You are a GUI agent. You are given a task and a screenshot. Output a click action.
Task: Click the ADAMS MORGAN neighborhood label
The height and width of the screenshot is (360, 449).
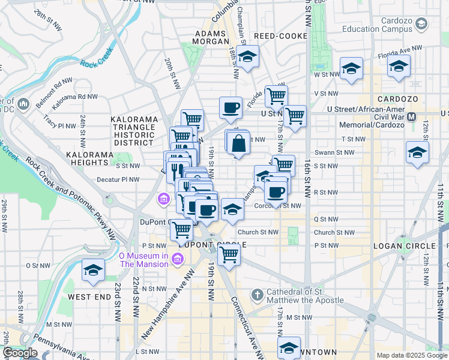[211, 37]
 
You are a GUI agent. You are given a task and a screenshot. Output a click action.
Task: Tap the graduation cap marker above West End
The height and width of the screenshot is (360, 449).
[93, 270]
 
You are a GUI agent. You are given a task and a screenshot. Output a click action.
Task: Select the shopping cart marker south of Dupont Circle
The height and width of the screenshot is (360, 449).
[229, 254]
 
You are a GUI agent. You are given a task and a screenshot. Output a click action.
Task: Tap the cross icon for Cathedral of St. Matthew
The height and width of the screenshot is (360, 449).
[257, 295]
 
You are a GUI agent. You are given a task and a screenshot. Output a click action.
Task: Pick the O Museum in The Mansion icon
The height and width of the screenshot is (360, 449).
[177, 259]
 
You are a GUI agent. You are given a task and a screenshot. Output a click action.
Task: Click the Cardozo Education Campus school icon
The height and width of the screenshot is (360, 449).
[421, 23]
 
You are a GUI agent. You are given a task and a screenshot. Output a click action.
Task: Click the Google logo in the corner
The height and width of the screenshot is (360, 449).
[20, 353]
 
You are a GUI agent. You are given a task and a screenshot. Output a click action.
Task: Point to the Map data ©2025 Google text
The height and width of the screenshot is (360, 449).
[411, 355]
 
